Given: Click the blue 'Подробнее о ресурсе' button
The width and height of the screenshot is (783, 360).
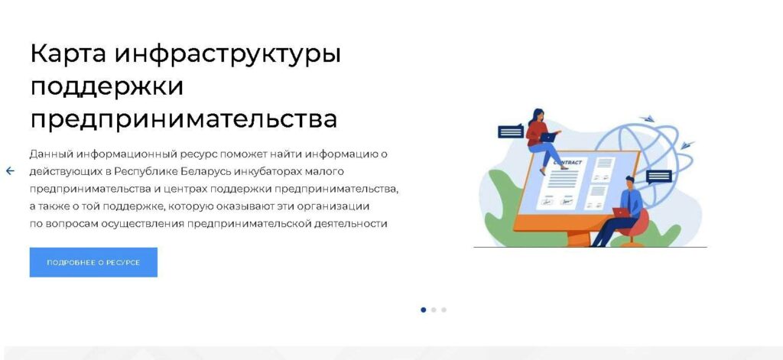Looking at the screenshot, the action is (x=93, y=262).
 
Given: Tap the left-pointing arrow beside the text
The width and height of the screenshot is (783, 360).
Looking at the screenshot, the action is (x=10, y=171).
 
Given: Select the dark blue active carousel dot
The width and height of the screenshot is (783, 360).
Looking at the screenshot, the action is (x=424, y=310).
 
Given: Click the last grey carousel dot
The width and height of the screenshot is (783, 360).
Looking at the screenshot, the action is (x=444, y=310).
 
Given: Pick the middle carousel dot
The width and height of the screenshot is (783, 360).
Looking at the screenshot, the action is (x=434, y=310).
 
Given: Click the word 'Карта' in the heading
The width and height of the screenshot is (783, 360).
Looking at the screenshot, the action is (x=68, y=54).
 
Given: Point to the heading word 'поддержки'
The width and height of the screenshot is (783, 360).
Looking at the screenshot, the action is (x=107, y=86).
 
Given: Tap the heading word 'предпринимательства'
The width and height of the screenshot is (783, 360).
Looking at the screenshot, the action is (x=184, y=119).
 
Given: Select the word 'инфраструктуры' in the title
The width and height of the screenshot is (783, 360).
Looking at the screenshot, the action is (x=228, y=54).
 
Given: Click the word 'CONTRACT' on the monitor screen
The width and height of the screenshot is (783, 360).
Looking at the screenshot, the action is (x=567, y=162).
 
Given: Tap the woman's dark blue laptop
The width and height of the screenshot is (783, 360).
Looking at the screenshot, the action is (x=547, y=137).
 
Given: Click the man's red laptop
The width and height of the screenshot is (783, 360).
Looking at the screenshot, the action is (x=621, y=212).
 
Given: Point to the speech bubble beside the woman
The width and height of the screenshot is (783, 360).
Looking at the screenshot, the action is (x=511, y=131).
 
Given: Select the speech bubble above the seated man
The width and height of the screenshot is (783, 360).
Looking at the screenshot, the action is (x=658, y=177).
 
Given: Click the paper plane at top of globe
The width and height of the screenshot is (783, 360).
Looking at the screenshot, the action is (x=648, y=118).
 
